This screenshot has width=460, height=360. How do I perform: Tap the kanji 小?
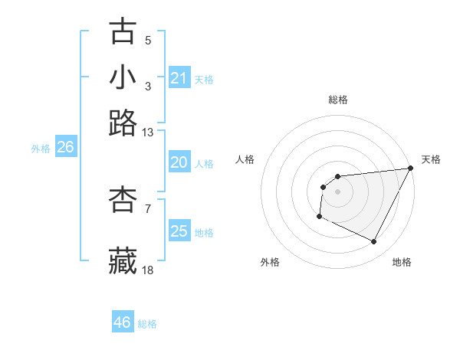pyautogui.click(x=123, y=77)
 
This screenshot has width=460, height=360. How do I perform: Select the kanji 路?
pyautogui.click(x=123, y=123)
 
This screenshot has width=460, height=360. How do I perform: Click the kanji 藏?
pyautogui.click(x=123, y=260)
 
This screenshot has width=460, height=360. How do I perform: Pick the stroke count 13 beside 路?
pyautogui.click(x=148, y=133)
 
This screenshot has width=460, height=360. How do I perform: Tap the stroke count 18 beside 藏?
pyautogui.click(x=148, y=270)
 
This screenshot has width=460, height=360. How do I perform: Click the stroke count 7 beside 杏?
pyautogui.click(x=148, y=208)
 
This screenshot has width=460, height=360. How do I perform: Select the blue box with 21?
pyautogui.click(x=179, y=78)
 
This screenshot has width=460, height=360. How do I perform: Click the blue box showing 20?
pyautogui.click(x=179, y=162)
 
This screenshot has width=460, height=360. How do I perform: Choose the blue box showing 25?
pyautogui.click(x=179, y=231)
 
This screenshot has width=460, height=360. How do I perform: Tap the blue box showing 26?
pyautogui.click(x=65, y=148)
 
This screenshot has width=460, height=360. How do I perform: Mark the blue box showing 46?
pyautogui.click(x=123, y=322)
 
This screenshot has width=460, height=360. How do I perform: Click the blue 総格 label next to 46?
pyautogui.click(x=148, y=324)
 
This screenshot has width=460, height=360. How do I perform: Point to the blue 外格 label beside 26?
pyautogui.click(x=41, y=149)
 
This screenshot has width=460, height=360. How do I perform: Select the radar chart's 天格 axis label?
pyautogui.click(x=431, y=159)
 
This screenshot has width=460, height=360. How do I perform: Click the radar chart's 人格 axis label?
pyautogui.click(x=245, y=159)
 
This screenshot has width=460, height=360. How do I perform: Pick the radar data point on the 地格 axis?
pyautogui.click(x=374, y=242)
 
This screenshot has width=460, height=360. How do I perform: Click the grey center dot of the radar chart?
pyautogui.click(x=337, y=191)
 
